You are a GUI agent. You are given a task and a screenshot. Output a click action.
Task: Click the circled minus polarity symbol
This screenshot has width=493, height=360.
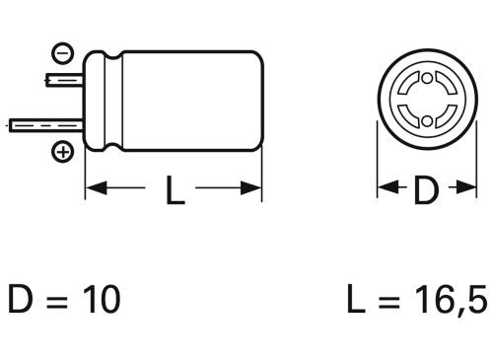[x=62, y=55]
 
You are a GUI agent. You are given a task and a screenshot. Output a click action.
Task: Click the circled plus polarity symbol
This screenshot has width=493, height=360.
[x=62, y=152]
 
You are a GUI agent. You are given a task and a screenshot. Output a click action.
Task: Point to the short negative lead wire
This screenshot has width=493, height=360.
[x=65, y=77]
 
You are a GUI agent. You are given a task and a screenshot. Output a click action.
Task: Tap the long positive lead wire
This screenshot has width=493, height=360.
[x=45, y=125]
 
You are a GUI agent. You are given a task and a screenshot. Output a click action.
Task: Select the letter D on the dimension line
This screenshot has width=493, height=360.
[x=424, y=189]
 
